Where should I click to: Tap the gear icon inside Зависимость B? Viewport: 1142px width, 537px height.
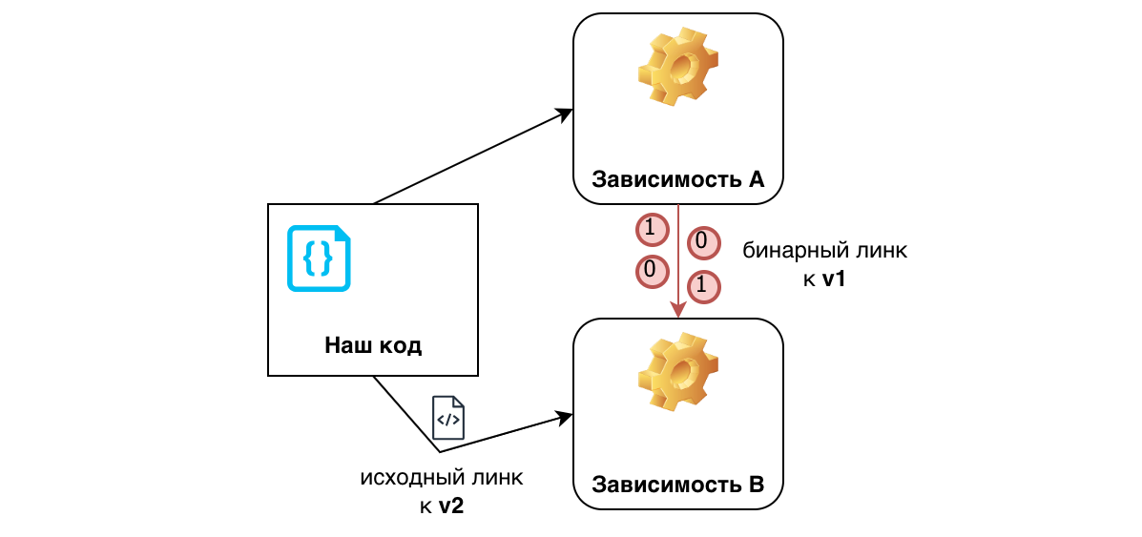677,372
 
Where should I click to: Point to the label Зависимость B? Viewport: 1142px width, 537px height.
677,484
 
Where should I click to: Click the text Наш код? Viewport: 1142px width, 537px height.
373,345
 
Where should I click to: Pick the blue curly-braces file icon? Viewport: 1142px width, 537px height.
320,258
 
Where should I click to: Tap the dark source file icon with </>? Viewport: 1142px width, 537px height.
448,418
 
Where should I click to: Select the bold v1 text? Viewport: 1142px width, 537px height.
836,279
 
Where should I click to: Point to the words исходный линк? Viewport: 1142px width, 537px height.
442,477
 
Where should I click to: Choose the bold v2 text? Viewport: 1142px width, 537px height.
451,506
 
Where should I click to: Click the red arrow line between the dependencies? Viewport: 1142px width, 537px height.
678,258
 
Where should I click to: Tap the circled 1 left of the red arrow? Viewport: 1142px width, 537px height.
650,229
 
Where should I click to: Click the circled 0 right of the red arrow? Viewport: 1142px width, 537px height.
700,242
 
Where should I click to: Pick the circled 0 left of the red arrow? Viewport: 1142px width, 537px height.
650,271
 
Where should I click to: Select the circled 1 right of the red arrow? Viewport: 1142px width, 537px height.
702,284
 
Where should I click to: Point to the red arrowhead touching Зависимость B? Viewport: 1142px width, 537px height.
678,311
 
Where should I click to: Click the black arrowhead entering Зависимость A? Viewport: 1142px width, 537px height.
565,114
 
